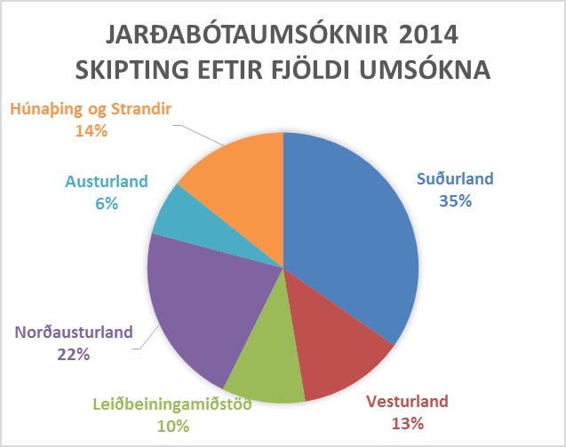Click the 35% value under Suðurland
click(455, 201)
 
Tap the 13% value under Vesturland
click(408, 424)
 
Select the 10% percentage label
click(173, 427)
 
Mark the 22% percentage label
click(73, 355)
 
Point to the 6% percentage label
click(107, 204)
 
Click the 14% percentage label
click(92, 130)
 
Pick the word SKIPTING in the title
click(132, 69)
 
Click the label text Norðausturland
click(74, 332)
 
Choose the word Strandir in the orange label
click(141, 108)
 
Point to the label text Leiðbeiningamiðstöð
click(172, 404)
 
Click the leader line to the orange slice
click(199, 136)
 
